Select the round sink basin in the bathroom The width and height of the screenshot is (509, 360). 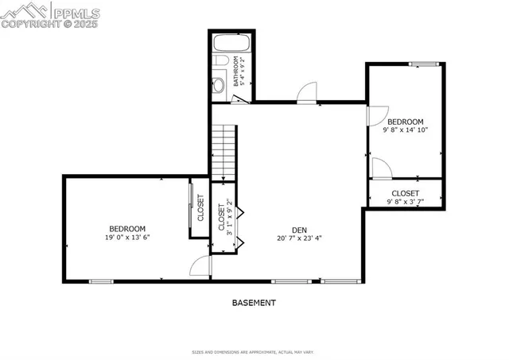(220, 84)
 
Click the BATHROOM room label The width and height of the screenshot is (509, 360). (237, 71)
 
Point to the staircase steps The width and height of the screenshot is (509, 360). (224, 151)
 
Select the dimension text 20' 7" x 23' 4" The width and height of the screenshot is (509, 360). (299, 238)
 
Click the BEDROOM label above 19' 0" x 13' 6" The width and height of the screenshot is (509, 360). (127, 228)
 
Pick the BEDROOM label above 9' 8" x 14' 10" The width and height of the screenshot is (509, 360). (406, 122)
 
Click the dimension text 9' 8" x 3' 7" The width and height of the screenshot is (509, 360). (405, 202)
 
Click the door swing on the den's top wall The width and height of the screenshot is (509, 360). (306, 93)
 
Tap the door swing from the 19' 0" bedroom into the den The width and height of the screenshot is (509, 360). (200, 267)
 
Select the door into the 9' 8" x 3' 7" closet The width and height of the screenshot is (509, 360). (380, 168)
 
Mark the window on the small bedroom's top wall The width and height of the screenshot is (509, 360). (423, 64)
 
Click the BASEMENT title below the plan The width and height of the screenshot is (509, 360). (254, 303)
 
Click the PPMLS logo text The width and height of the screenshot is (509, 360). (77, 11)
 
